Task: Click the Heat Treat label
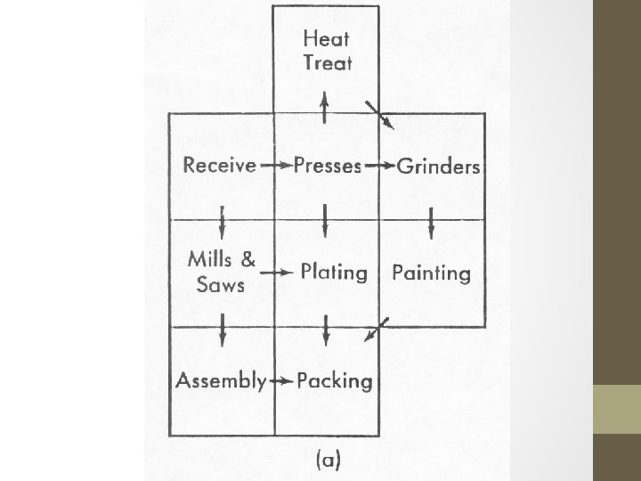327,50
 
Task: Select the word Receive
220,166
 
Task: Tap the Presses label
327,166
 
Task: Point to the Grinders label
439,167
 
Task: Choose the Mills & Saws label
222,272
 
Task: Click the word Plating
333,273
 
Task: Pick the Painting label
432,273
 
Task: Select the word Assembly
221,381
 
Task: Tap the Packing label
334,381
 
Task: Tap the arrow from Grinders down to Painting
432,223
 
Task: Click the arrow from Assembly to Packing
281,381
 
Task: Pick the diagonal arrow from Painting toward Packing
375,329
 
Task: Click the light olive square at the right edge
617,410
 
